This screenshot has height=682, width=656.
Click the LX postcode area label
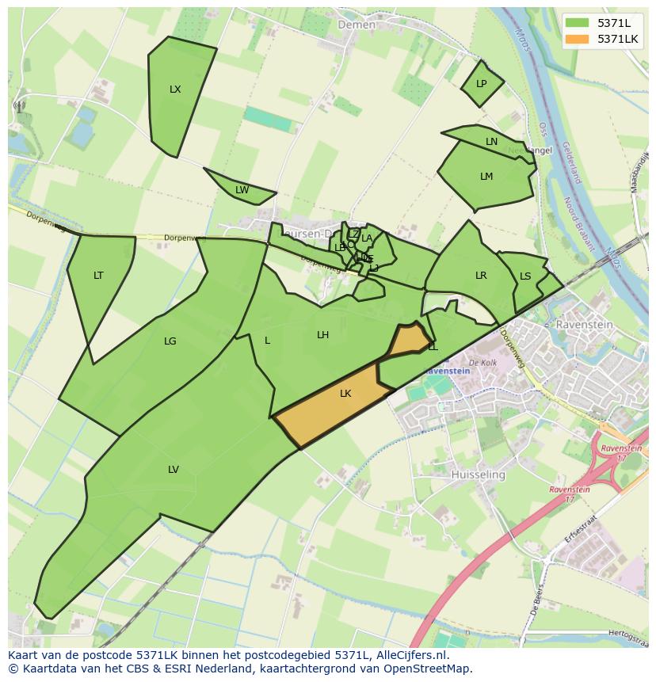[175, 90]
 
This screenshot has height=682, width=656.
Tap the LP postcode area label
[481, 84]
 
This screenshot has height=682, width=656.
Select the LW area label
[242, 190]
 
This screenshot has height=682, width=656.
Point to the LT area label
[98, 276]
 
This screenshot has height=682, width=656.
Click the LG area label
[170, 341]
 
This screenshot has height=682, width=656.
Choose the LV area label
[173, 470]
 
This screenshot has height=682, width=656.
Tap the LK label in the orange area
[345, 394]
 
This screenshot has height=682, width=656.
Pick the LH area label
[322, 335]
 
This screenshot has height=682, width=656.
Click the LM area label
[486, 177]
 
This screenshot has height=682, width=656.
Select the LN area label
[491, 142]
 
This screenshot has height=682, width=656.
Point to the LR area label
[481, 276]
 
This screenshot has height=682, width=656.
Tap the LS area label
[525, 276]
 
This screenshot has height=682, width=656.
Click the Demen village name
[357, 25]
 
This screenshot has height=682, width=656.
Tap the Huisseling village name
[478, 474]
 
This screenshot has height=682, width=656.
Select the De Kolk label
[482, 363]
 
